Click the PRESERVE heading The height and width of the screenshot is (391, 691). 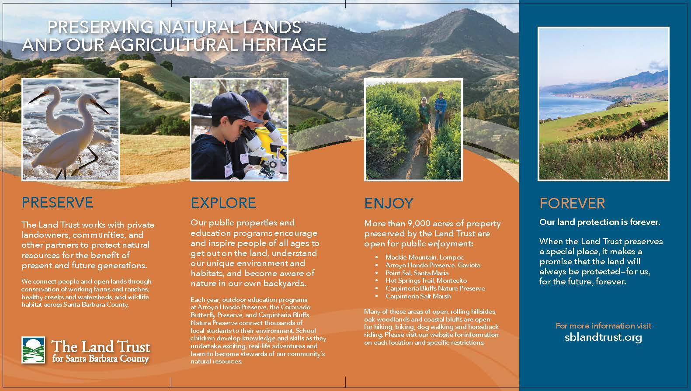(57, 203)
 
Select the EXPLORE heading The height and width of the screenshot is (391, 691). (223, 203)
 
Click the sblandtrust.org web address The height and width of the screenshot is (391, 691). (604, 337)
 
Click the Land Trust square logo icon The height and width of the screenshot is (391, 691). (33, 349)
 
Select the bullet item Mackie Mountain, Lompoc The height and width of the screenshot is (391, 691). (424, 257)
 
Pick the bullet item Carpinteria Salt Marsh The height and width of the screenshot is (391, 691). (418, 296)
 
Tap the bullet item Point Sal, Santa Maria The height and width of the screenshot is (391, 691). (417, 273)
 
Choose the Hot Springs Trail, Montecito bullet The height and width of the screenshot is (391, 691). (426, 280)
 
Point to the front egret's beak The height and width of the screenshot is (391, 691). (100, 107)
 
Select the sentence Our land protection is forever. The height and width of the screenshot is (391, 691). (600, 222)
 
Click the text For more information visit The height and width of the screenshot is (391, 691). (604, 326)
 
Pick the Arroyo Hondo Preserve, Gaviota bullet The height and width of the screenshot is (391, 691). (433, 265)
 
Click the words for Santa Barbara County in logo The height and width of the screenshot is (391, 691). (101, 359)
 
